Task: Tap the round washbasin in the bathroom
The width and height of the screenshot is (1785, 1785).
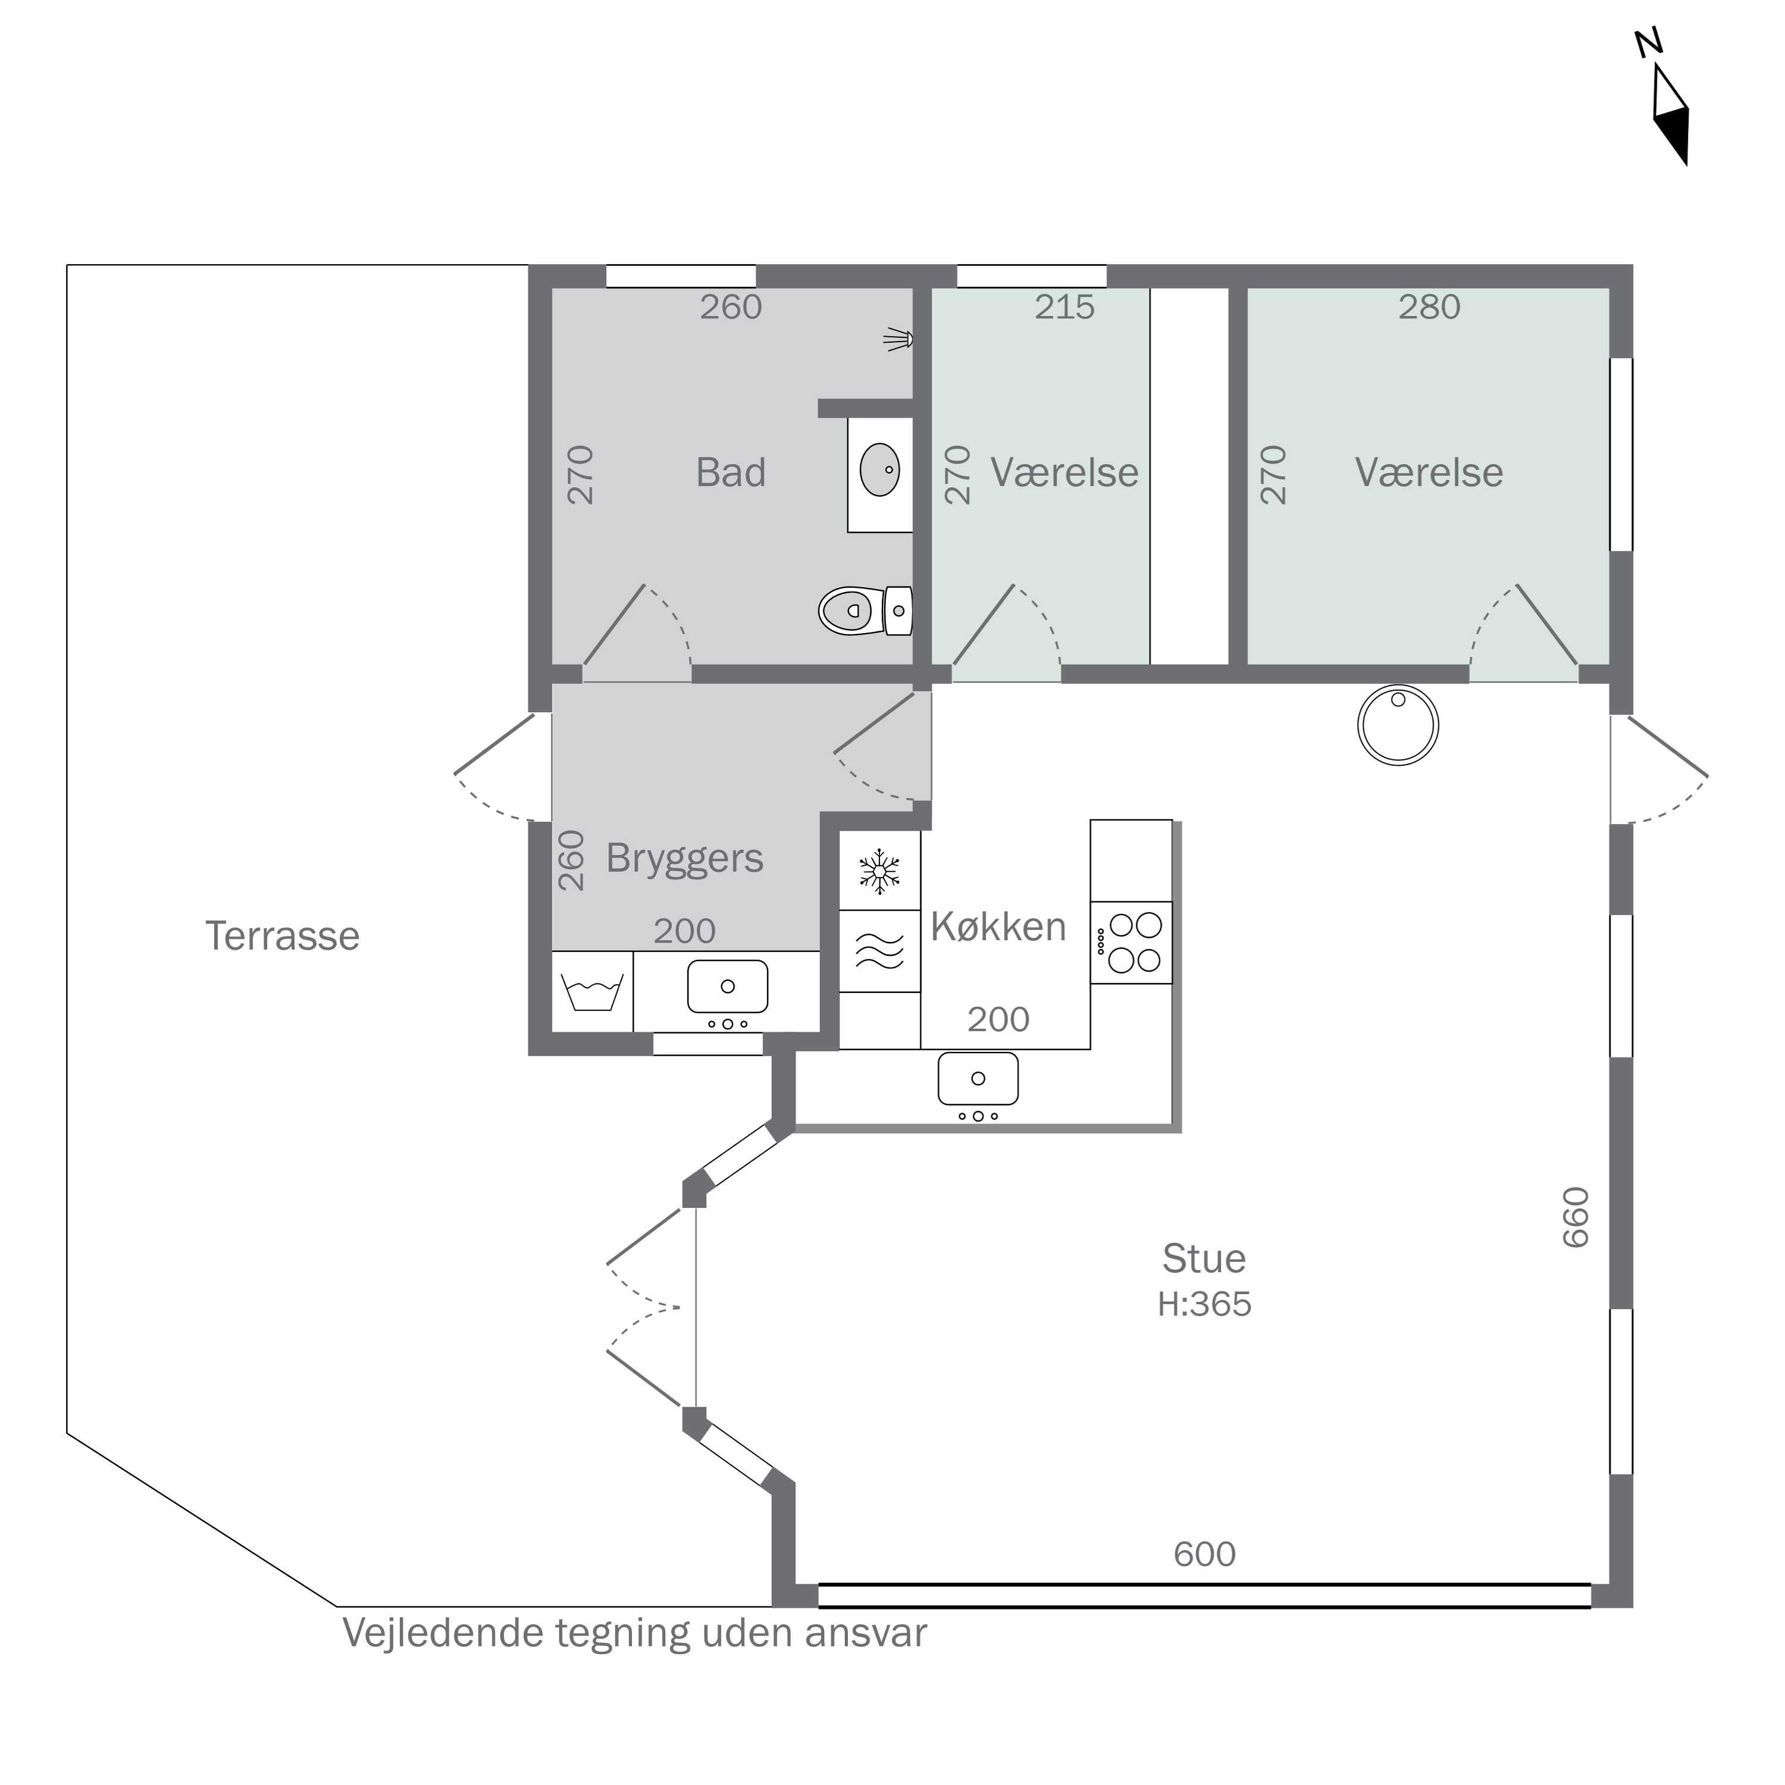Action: pyautogui.click(x=879, y=469)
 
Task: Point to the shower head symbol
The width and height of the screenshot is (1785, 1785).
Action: pyautogui.click(x=898, y=339)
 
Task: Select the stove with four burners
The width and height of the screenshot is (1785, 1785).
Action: pyautogui.click(x=1132, y=942)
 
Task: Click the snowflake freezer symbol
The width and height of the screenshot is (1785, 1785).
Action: pyautogui.click(x=879, y=870)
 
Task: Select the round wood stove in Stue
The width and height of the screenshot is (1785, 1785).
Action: pyautogui.click(x=1398, y=725)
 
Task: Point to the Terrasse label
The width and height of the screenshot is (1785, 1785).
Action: pyautogui.click(x=283, y=936)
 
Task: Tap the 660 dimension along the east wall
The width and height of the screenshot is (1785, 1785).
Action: pyautogui.click(x=1576, y=1217)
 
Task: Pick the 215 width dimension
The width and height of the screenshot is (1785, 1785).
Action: pyautogui.click(x=1064, y=307)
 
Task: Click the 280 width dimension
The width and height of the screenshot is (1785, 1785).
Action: pyautogui.click(x=1429, y=307)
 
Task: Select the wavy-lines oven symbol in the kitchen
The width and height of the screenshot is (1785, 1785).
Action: pyautogui.click(x=879, y=951)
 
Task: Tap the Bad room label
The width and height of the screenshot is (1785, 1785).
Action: pyautogui.click(x=731, y=473)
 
